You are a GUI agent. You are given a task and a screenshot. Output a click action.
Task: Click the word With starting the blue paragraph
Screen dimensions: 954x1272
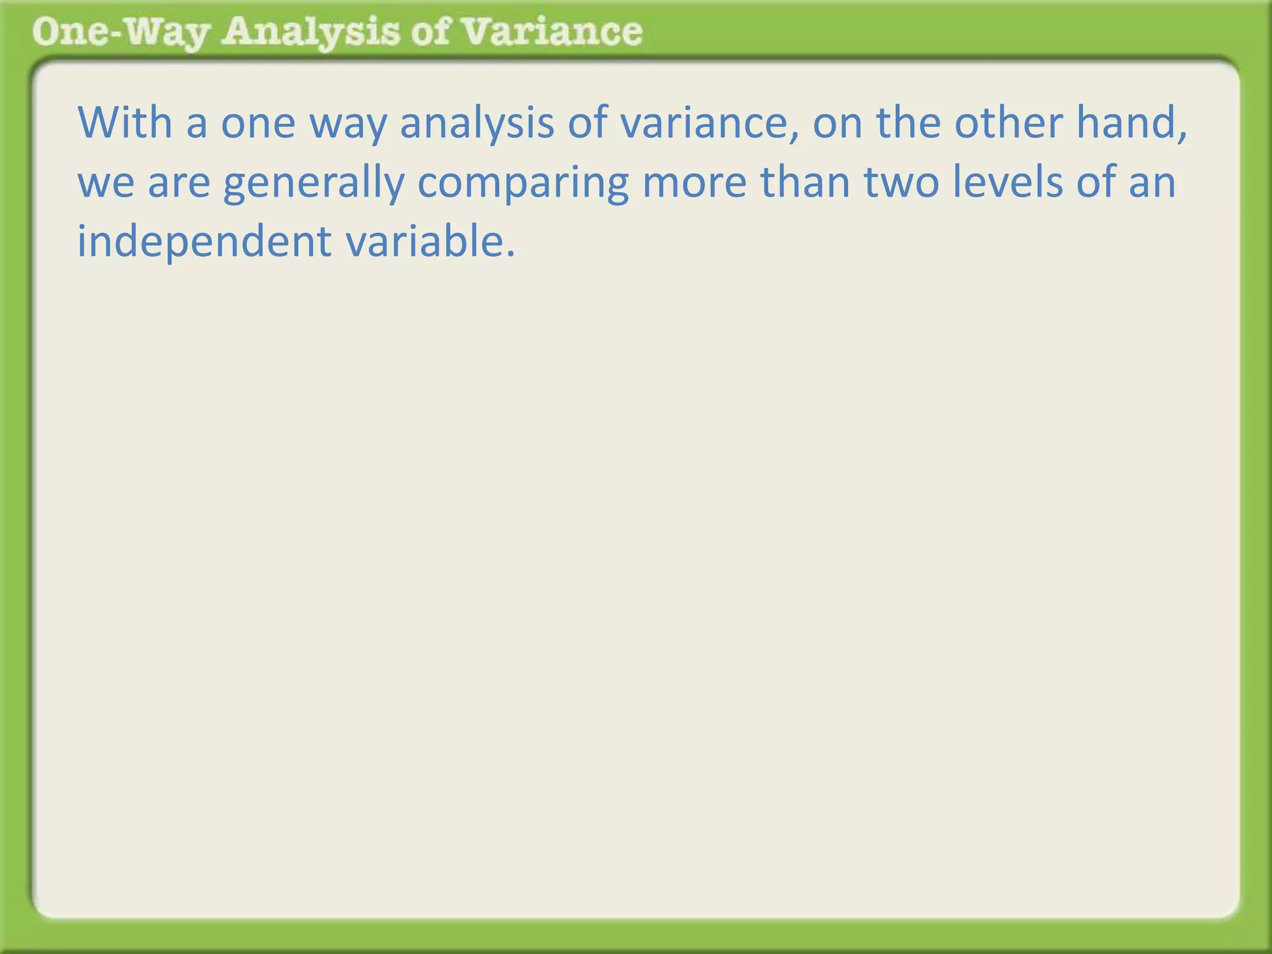coord(125,122)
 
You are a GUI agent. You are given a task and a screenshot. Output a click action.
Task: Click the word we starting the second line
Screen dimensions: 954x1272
coord(106,184)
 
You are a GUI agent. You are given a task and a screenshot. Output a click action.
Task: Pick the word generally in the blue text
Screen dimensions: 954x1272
coord(314,184)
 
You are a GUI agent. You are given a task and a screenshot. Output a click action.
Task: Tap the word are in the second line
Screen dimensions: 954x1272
coord(179,184)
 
